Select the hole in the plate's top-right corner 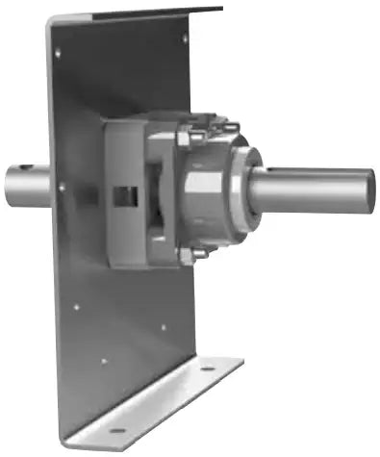point(186,38)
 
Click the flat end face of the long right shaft point(369,188)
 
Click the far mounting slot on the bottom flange point(207,368)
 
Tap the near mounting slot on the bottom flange point(117,430)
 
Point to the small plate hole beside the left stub point(61,188)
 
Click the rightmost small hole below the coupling point(163,327)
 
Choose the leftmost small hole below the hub point(76,308)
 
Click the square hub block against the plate point(120,192)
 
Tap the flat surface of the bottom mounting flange point(164,399)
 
